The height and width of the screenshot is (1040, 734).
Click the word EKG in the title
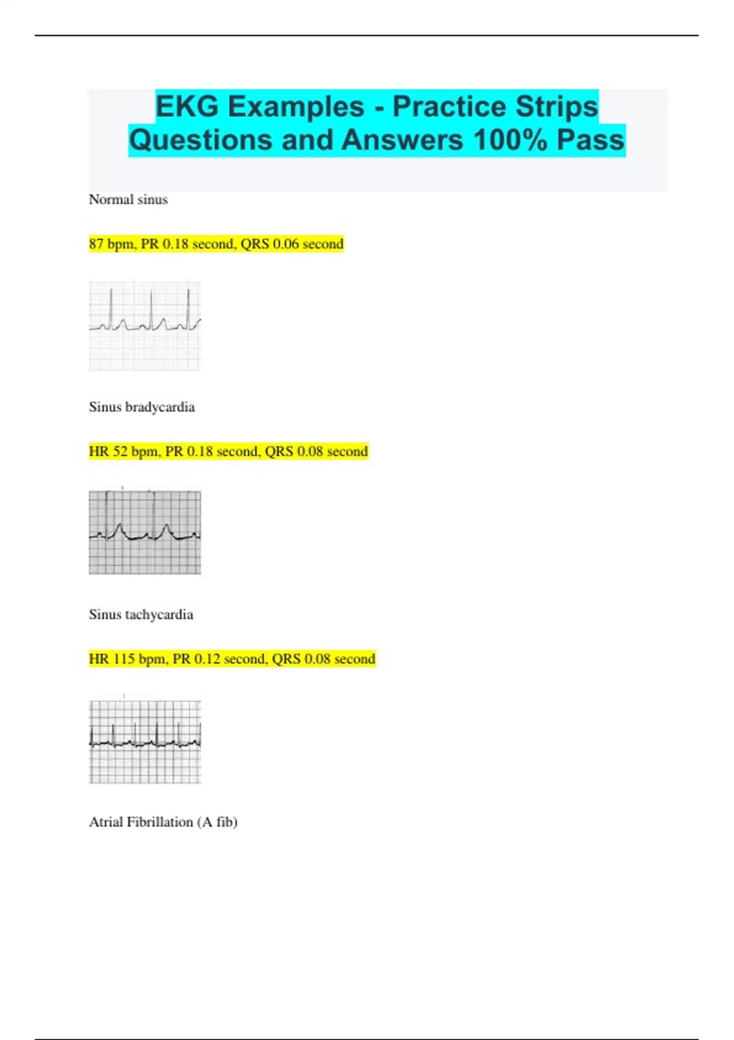click(186, 106)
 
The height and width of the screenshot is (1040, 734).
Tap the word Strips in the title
click(556, 106)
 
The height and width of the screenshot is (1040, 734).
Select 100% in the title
click(510, 140)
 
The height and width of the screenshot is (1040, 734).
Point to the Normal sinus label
click(128, 199)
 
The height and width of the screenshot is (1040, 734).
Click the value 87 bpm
click(112, 244)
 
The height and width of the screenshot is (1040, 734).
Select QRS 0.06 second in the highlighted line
click(292, 244)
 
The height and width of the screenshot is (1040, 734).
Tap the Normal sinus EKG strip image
click(145, 325)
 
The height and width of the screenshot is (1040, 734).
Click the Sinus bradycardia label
click(141, 407)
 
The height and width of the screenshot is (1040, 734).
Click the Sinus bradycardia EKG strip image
click(145, 532)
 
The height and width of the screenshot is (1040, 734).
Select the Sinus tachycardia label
click(141, 614)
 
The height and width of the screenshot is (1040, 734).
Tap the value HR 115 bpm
click(127, 659)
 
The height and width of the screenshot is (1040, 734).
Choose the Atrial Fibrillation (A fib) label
click(163, 822)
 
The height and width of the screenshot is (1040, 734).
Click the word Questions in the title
click(200, 140)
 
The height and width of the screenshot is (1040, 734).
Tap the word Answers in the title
click(402, 140)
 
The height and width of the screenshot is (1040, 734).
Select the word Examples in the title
click(296, 106)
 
